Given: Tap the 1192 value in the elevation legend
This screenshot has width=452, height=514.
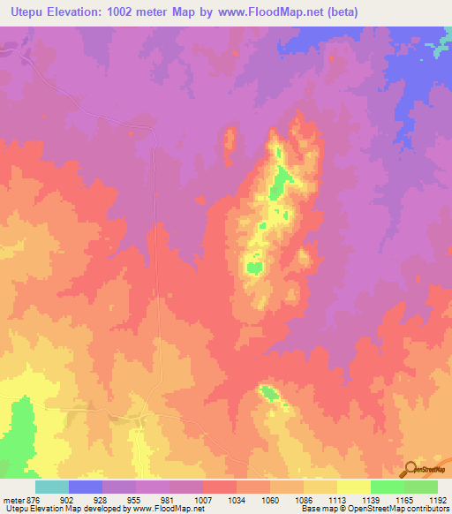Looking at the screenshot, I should (437, 499).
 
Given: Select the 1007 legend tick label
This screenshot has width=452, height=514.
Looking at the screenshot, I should (203, 499).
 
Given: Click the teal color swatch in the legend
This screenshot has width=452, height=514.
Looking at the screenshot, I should (51, 487).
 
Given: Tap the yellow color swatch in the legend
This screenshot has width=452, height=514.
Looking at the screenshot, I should (353, 487).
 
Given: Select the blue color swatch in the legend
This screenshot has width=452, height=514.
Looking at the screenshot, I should (85, 487).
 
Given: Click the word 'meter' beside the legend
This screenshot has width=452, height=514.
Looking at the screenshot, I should (12, 499).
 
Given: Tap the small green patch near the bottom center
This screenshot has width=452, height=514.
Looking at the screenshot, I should (267, 392).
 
